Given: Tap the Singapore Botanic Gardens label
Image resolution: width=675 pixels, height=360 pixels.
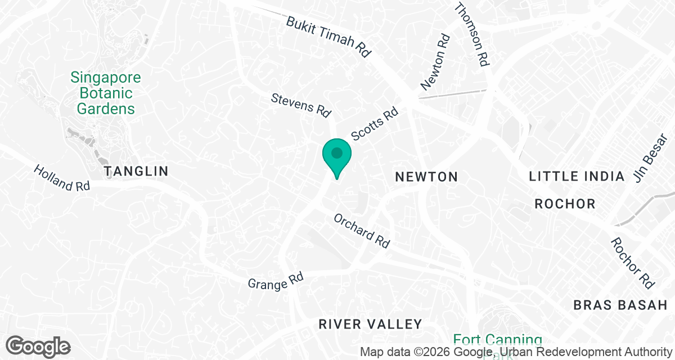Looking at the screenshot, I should coord(106,93).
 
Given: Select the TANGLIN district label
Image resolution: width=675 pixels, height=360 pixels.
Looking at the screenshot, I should coord(136,171).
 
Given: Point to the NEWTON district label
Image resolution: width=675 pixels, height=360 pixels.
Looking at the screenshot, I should coord(426,177).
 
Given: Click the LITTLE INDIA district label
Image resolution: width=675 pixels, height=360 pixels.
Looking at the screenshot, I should coord(577,177).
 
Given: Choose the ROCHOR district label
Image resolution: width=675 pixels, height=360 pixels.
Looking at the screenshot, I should coord(565,204).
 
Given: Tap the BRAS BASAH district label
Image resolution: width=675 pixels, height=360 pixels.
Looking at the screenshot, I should coord(619,305).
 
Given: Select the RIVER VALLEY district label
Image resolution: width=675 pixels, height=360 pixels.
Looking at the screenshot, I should coord(370,324).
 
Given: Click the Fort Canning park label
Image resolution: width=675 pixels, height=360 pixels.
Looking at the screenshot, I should coord(497,340).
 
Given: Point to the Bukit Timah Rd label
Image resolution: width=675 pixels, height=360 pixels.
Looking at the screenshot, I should coord(329,37).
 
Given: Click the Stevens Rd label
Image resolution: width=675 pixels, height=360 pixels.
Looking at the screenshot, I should coord(301,105).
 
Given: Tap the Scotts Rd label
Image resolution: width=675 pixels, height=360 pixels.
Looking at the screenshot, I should coord(375,124).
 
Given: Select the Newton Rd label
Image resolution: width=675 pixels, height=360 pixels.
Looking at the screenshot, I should coord(436,62).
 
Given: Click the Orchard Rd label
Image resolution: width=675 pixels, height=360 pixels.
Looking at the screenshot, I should coord(362,231).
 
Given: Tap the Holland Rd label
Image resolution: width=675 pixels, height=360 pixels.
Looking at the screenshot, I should coord(62,178).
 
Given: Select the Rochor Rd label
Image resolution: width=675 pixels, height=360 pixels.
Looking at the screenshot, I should coord(633,263).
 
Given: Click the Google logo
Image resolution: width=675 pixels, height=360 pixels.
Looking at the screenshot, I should coord(38,346).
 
